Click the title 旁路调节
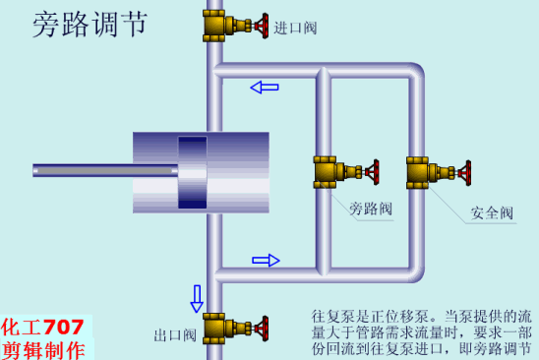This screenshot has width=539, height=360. [x=90, y=25]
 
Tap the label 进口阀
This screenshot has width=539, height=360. [x=295, y=28]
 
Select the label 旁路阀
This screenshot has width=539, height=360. [x=371, y=209]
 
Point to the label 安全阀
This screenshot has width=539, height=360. [x=492, y=212]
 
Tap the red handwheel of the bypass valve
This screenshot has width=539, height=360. [x=372, y=172]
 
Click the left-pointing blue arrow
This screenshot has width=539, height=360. [x=265, y=88]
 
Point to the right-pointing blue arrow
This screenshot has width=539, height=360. [x=266, y=261]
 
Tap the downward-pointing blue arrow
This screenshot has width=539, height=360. [x=197, y=297]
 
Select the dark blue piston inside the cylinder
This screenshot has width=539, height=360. [x=193, y=171]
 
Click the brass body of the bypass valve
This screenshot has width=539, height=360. [x=330, y=172]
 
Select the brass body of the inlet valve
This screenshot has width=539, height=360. [x=219, y=24]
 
